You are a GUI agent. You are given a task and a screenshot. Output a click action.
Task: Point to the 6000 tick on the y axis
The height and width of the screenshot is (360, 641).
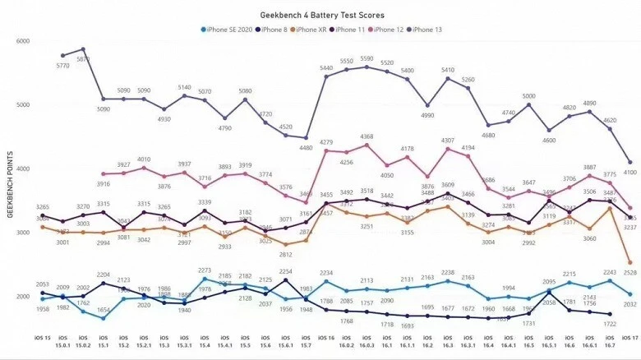(22, 41)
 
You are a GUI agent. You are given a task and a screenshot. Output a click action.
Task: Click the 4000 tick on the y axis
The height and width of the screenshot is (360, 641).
(22, 169)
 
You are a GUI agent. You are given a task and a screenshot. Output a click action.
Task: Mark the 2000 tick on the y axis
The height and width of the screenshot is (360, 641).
(22, 297)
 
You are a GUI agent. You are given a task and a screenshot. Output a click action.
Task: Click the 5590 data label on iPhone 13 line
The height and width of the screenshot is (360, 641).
(367, 58)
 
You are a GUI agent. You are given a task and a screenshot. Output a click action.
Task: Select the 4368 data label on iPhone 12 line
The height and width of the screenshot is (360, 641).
(367, 137)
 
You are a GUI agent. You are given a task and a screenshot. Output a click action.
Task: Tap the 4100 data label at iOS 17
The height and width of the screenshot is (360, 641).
(629, 172)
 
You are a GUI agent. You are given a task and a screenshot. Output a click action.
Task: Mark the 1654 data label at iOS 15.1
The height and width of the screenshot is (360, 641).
(103, 310)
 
